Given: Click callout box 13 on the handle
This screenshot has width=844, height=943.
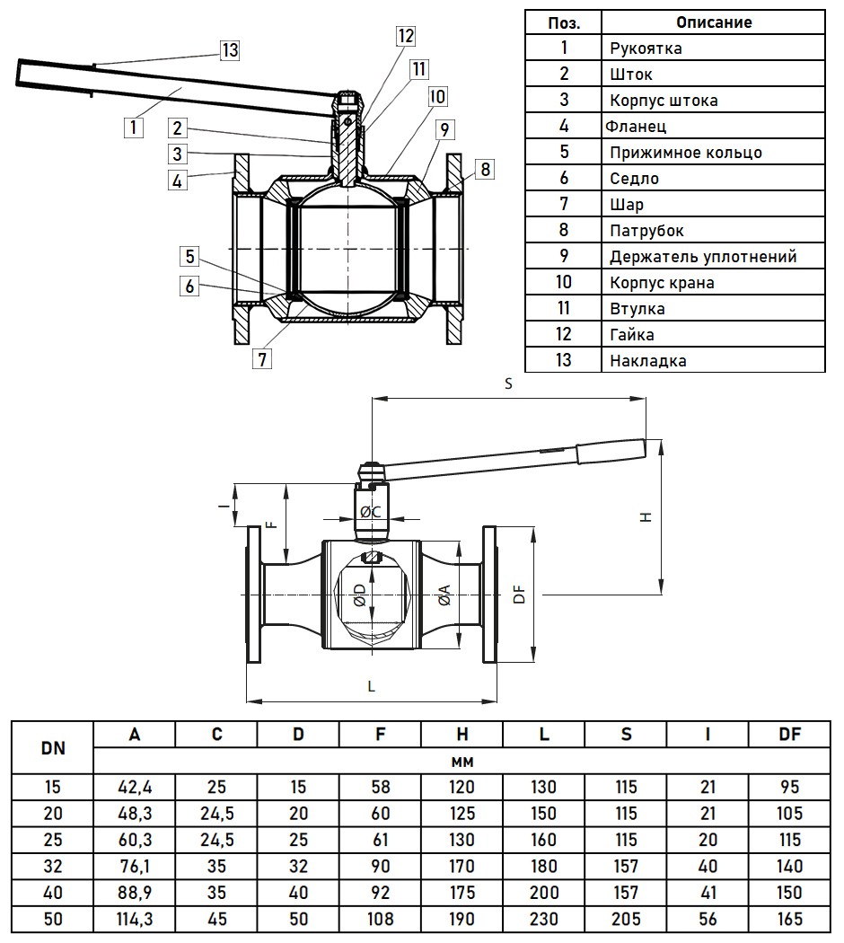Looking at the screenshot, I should point(231,50).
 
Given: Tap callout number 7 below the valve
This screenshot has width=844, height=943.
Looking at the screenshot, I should point(262,359).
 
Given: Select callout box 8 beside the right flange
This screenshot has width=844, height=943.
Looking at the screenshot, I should point(485,169).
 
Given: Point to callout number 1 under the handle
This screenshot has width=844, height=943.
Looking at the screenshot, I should point(133,127).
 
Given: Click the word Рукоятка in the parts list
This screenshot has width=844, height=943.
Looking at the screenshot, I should point(645,48).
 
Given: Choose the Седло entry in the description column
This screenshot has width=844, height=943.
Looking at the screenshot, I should point(634,179).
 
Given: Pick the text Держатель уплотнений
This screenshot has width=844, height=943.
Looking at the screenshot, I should point(703,257).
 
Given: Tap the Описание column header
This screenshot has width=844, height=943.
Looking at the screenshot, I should point(713,22).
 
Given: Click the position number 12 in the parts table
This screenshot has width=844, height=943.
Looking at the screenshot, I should point(563,335).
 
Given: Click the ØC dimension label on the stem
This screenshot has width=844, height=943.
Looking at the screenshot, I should point(371,512).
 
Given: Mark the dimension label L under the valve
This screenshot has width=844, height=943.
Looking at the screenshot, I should point(372,686).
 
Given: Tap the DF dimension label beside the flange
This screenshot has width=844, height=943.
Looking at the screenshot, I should point(518,595).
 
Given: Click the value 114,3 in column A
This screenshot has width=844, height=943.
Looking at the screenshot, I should point(135,919).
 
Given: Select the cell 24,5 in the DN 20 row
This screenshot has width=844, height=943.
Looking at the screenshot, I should point(216,814).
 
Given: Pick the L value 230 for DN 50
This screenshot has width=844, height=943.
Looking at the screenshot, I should point(544,919).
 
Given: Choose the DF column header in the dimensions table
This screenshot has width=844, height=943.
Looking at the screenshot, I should point(789,734).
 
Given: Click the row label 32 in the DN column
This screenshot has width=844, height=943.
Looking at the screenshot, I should point(52,867).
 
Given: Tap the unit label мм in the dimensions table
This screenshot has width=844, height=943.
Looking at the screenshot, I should point(462,761).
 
